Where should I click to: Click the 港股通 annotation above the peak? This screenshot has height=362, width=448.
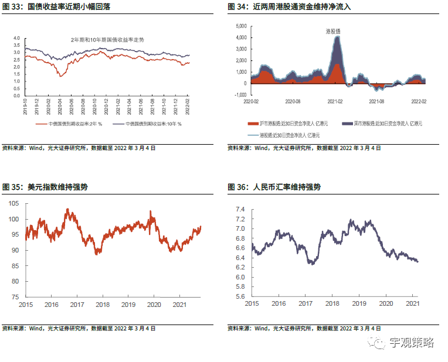pyautogui.click(x=335, y=30)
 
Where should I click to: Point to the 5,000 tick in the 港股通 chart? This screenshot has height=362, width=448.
pyautogui.click(x=241, y=26)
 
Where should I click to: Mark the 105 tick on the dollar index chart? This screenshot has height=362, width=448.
pyautogui.click(x=13, y=203)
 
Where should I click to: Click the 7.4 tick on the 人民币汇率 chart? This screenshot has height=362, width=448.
pyautogui.click(x=240, y=209)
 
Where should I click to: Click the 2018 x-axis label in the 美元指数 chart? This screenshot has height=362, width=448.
pyautogui.click(x=103, y=305)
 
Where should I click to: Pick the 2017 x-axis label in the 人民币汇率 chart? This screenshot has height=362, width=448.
pyautogui.click(x=306, y=304)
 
